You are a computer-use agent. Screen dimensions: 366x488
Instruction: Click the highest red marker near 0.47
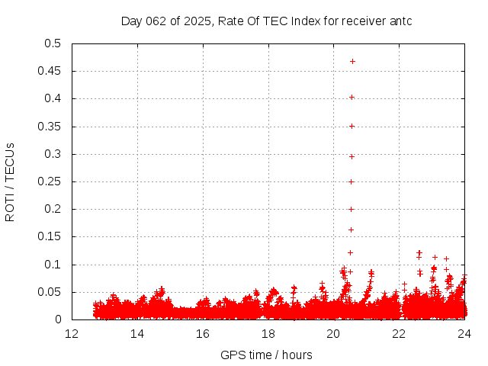pyautogui.click(x=352, y=61)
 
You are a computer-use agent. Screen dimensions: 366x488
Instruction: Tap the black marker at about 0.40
pyautogui.click(x=352, y=97)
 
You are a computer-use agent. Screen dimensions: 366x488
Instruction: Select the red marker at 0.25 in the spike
pyautogui.click(x=352, y=181)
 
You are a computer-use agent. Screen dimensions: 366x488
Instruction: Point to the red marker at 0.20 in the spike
pyautogui.click(x=352, y=209)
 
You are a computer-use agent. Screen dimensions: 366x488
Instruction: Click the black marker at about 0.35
pyautogui.click(x=352, y=126)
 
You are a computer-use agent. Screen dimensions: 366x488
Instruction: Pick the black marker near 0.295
pyautogui.click(x=352, y=156)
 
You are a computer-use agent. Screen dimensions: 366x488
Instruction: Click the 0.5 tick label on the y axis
pyautogui.click(x=53, y=43)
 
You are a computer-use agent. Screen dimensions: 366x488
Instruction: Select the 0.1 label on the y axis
pyautogui.click(x=53, y=265)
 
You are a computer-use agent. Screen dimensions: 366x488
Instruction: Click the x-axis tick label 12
pyautogui.click(x=72, y=334)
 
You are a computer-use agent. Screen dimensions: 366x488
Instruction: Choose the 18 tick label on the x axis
pyautogui.click(x=268, y=334)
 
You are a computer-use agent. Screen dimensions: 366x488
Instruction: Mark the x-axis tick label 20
pyautogui.click(x=333, y=334)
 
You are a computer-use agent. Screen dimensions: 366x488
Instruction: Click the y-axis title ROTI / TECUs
pyautogui.click(x=11, y=181)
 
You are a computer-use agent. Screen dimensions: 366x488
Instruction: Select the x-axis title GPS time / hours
pyautogui.click(x=266, y=355)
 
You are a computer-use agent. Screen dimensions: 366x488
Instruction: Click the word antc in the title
pyautogui.click(x=400, y=21)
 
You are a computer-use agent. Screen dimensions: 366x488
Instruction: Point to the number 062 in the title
pyautogui.click(x=156, y=21)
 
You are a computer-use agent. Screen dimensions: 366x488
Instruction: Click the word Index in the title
pyautogui.click(x=298, y=21)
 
